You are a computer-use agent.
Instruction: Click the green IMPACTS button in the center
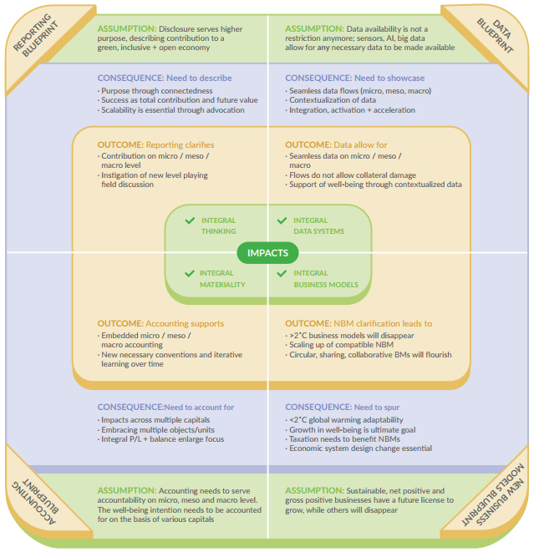267,253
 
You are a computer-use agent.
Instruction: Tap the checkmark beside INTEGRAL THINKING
190,220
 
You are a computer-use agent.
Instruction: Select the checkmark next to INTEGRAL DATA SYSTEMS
282,220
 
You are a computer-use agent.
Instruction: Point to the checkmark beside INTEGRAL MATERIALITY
190,274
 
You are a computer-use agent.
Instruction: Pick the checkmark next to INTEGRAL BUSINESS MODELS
282,274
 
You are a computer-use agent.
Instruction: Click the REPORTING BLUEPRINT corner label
35,35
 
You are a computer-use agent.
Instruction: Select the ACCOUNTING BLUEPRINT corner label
35,502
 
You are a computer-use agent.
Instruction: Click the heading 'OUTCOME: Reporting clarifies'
155,144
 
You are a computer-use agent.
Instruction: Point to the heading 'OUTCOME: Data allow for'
336,144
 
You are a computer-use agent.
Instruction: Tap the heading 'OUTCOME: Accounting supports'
160,323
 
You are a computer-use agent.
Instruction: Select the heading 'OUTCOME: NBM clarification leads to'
359,323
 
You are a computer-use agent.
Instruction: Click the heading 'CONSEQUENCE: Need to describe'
165,78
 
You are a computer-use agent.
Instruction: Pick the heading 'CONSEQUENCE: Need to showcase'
354,78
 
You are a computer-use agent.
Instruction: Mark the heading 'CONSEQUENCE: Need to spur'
342,408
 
